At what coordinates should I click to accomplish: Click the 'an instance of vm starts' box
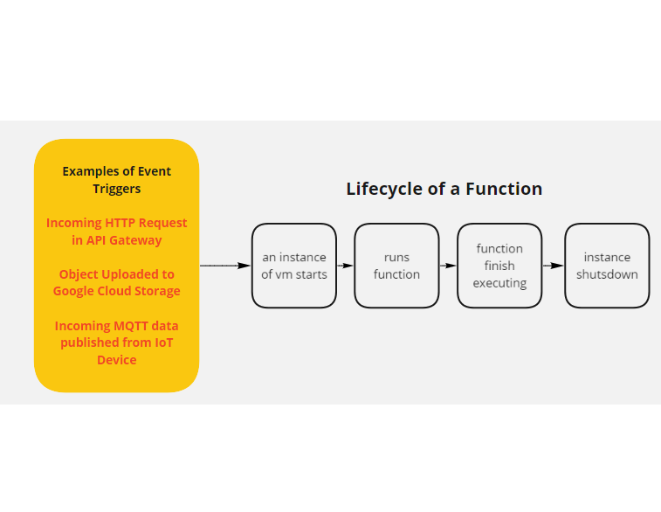[293, 266]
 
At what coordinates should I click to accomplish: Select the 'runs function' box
[396, 266]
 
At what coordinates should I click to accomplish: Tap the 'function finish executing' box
[499, 266]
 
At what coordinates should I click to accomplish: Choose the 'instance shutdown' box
[607, 266]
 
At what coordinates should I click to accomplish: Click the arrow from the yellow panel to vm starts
[225, 266]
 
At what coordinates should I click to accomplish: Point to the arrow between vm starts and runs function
[345, 266]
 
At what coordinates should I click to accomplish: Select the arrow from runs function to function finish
[448, 266]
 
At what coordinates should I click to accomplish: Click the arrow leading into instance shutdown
[553, 266]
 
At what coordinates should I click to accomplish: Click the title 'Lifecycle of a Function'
[444, 189]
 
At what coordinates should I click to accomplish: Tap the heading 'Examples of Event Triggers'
[116, 179]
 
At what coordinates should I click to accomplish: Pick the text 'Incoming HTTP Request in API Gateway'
[116, 231]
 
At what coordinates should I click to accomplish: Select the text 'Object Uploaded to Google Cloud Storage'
[116, 282]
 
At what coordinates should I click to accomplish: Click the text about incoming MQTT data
[116, 342]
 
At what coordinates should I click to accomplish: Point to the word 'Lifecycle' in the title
[382, 189]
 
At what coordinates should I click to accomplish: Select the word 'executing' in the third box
[499, 283]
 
